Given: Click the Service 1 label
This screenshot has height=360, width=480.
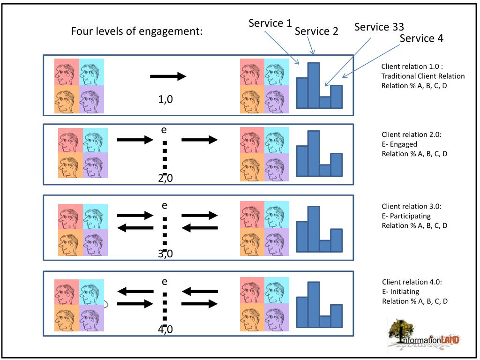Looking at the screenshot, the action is click(x=270, y=23).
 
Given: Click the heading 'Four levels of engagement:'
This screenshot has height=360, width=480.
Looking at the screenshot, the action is click(x=137, y=31).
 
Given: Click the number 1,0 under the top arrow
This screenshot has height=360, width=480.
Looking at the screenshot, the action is click(x=165, y=99).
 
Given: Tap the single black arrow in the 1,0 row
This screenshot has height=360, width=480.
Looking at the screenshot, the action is click(x=168, y=76).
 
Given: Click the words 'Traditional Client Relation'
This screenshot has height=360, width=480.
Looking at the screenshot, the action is click(x=423, y=76).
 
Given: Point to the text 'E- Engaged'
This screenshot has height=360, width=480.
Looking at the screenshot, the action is click(x=399, y=144).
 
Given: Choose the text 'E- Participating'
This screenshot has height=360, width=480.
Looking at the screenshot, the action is click(x=406, y=216).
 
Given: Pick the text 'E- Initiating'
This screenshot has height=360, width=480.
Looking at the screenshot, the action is click(x=400, y=292).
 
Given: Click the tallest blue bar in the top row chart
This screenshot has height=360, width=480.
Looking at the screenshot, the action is click(x=314, y=85).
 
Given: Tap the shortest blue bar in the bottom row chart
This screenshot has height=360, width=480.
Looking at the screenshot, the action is click(x=325, y=322).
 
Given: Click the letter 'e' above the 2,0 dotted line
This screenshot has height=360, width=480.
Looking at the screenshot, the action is click(x=164, y=130).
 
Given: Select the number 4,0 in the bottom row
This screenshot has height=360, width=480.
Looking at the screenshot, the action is click(x=165, y=330).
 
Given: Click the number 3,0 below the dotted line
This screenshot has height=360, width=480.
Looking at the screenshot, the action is click(x=165, y=254).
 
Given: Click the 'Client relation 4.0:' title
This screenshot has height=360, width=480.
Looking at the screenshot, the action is click(x=412, y=282).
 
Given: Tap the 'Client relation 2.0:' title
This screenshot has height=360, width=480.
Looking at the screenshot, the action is click(x=412, y=135).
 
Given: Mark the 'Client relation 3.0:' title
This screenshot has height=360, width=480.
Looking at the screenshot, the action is click(x=412, y=206).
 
